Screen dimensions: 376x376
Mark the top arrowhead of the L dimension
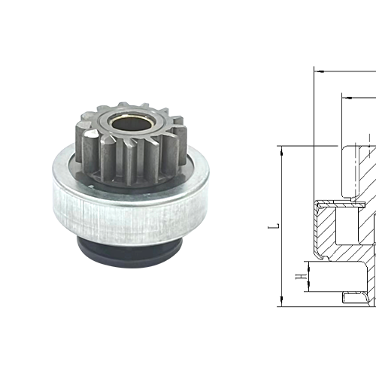[281, 149]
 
